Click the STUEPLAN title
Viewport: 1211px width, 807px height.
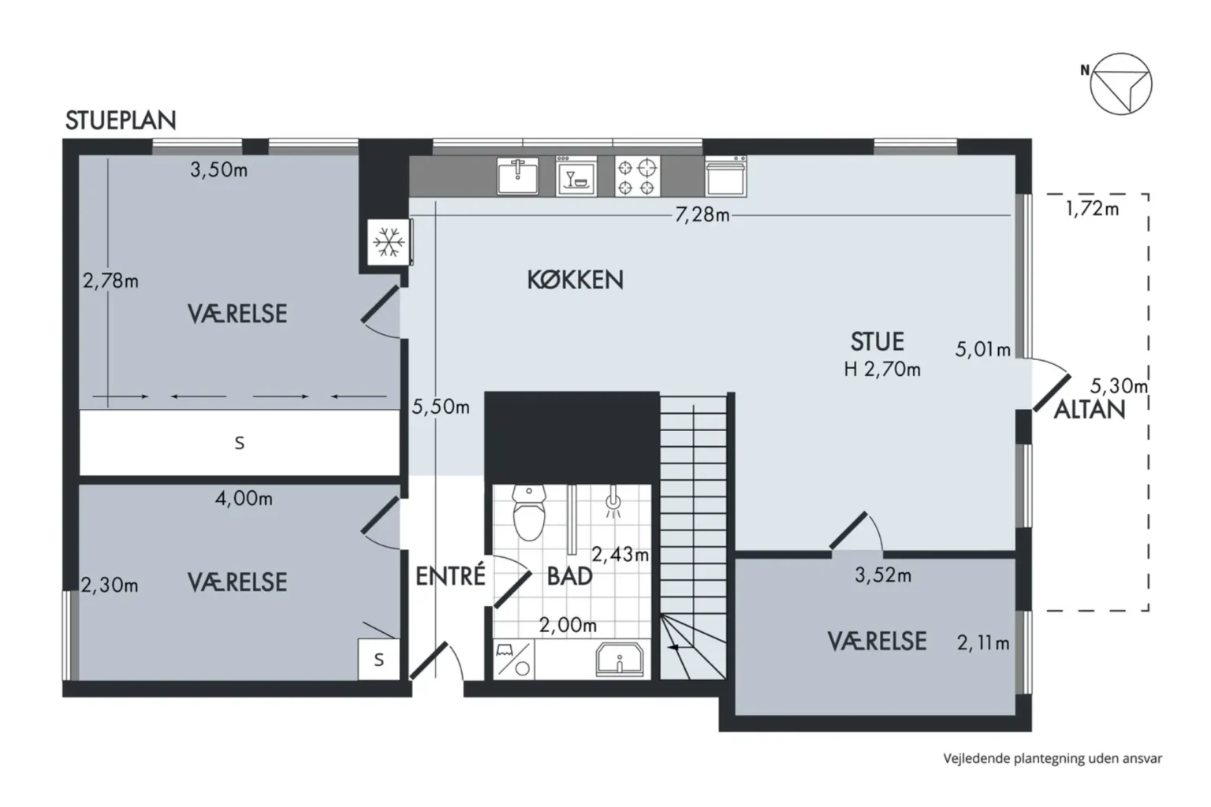121,120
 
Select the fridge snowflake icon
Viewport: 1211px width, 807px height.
388,242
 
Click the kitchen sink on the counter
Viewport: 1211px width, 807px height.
517,176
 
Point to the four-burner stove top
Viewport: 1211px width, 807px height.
637,177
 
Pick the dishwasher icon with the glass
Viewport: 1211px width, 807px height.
576,177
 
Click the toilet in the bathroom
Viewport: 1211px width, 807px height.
529,512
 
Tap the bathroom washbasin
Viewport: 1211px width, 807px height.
620,660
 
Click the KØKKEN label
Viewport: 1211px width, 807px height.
575,280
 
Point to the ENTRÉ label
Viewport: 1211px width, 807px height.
450,575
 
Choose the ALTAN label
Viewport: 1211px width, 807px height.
1090,410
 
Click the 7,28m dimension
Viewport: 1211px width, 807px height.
702,215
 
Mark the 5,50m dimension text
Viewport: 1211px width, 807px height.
441,407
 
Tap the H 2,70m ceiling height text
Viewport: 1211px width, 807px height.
881,369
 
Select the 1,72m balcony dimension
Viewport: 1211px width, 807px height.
1092,209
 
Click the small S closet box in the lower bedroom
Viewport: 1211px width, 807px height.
379,660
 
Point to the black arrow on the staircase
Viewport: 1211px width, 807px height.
673,647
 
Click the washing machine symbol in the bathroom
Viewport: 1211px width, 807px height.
513,660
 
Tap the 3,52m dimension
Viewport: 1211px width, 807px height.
883,575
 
